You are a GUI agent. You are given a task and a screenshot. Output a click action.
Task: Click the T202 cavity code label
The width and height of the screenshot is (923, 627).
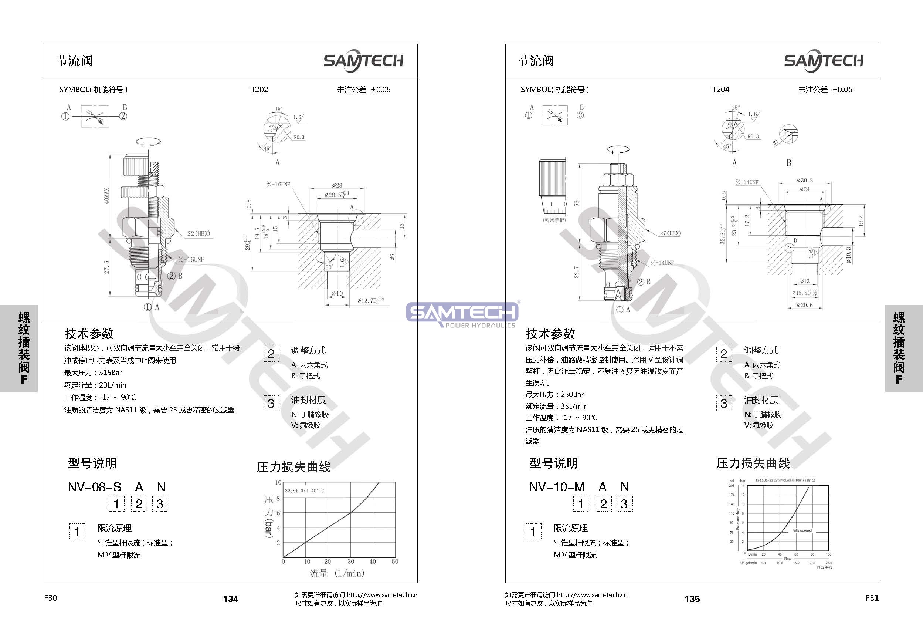(259, 90)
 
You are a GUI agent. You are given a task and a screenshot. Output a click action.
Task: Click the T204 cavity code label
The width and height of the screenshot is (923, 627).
(720, 90)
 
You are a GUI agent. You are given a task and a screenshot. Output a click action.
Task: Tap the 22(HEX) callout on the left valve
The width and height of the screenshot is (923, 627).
(198, 234)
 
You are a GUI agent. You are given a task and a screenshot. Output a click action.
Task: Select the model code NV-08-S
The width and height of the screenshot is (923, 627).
(95, 487)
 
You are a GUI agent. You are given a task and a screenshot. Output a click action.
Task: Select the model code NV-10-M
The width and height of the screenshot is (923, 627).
(557, 487)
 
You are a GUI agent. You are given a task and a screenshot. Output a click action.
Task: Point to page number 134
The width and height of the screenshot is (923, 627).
(230, 599)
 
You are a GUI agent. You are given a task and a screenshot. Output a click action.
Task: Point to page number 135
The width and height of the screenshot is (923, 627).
(692, 599)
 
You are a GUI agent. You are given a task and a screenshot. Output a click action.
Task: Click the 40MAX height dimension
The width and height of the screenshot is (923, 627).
(106, 196)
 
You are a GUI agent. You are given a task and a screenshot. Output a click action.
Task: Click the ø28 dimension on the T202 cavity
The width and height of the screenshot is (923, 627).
(337, 185)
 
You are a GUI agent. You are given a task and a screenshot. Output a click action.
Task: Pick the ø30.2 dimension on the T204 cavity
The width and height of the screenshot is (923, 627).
(805, 181)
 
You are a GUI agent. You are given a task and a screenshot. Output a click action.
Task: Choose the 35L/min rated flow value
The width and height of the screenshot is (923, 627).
(574, 406)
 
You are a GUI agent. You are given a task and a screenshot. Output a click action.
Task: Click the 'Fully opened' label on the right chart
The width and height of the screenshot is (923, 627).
(801, 530)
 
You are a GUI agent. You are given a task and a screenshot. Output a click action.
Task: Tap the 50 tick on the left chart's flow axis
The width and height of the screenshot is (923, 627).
(395, 562)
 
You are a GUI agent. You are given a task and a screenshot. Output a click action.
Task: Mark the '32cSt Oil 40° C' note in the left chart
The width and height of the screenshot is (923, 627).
(304, 491)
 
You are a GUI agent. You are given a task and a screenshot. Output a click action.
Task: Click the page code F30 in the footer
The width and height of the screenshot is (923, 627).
(50, 598)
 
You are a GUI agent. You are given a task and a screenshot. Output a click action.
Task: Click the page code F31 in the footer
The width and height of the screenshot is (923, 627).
(872, 598)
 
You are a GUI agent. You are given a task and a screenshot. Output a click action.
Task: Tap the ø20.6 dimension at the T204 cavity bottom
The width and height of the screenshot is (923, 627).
(805, 305)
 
